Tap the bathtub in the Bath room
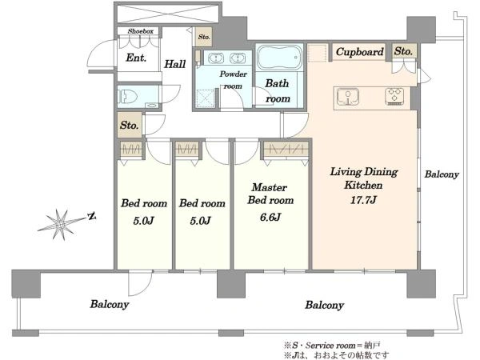pyautogui.click(x=279, y=58)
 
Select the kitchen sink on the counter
pyautogui.click(x=348, y=96)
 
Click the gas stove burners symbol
pyautogui.click(x=394, y=96)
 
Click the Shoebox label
pyautogui.click(x=141, y=31)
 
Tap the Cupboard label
pyautogui.click(x=360, y=52)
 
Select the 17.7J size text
pyautogui.click(x=363, y=200)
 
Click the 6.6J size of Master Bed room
pyautogui.click(x=270, y=217)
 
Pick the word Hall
pyautogui.click(x=175, y=64)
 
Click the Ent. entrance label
pyautogui.click(x=136, y=58)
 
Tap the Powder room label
pyautogui.click(x=234, y=80)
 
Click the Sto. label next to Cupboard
pyautogui.click(x=403, y=51)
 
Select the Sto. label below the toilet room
pyautogui.click(x=130, y=126)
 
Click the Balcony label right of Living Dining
pyautogui.click(x=442, y=174)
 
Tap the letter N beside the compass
pyautogui.click(x=91, y=217)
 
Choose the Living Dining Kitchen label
pyautogui.click(x=364, y=178)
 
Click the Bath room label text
pyautogui.click(x=278, y=91)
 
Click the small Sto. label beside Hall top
pyautogui.click(x=204, y=37)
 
